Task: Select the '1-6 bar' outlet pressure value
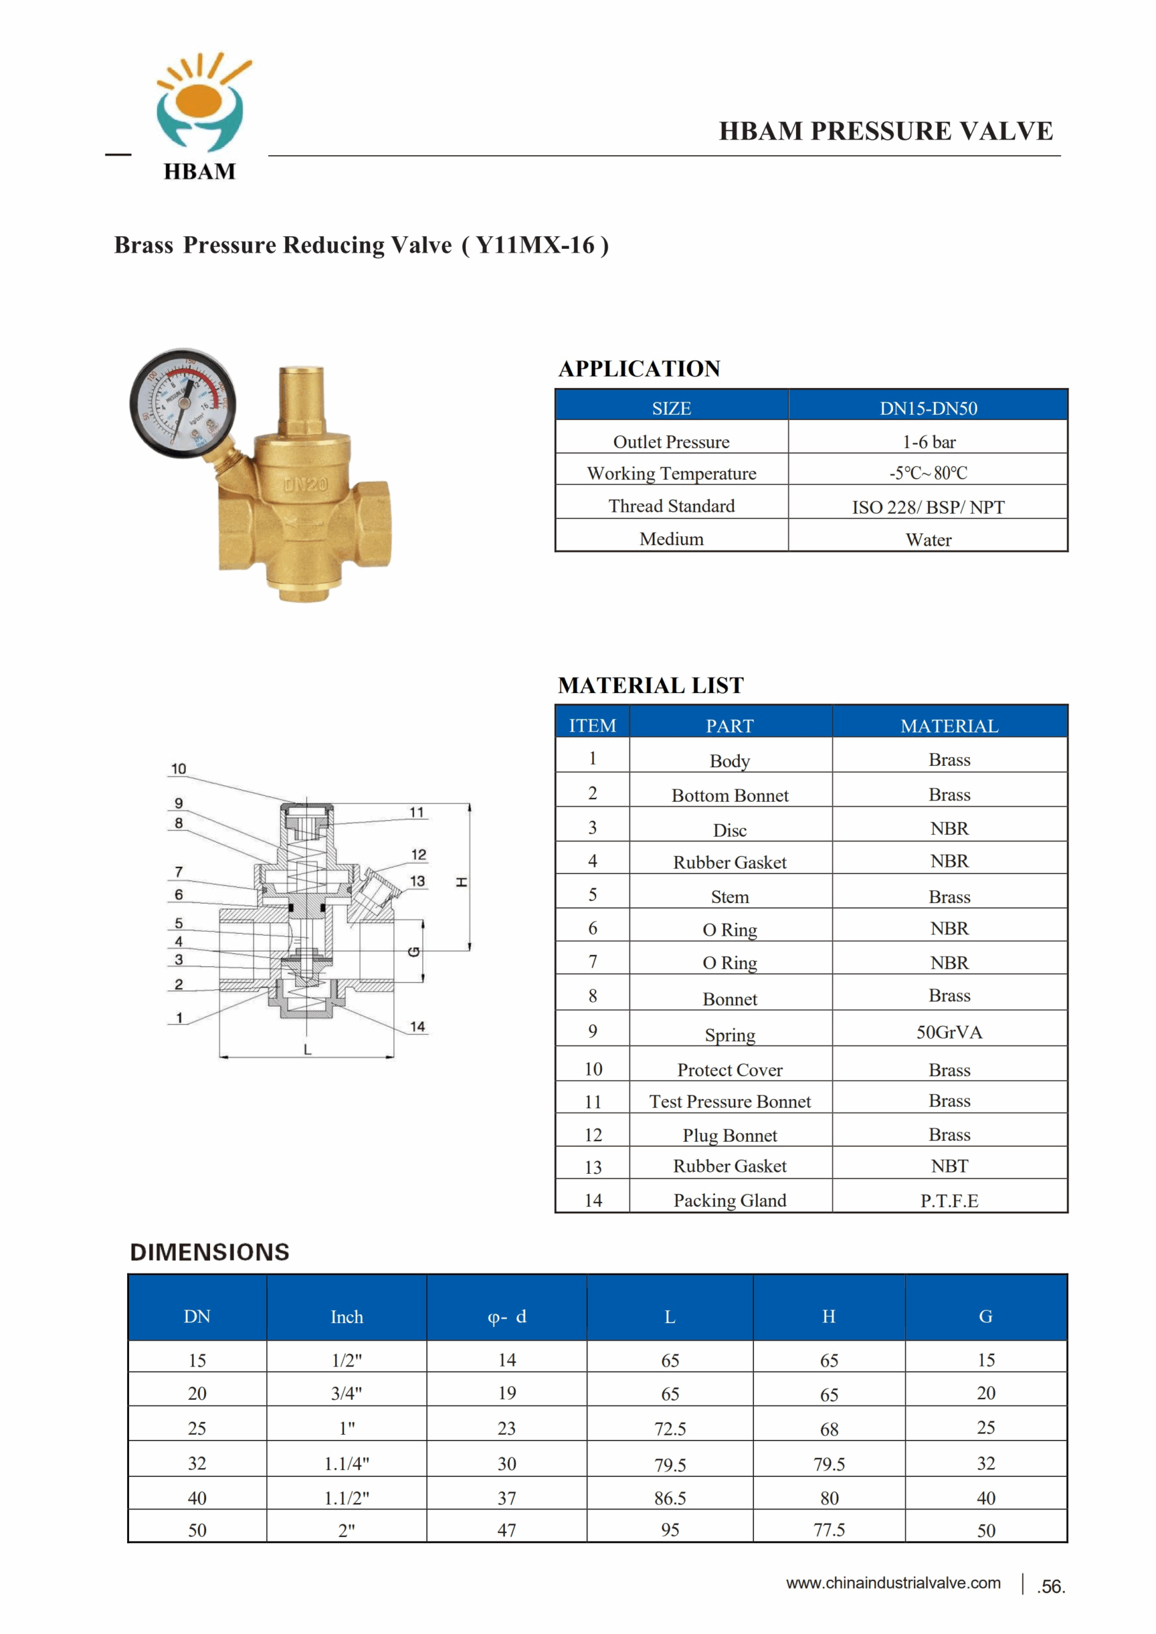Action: click(x=928, y=442)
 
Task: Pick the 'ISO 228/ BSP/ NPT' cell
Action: click(x=928, y=507)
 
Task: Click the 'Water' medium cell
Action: click(x=928, y=539)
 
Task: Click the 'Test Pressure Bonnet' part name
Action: click(x=730, y=1102)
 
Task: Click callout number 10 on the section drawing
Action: click(x=179, y=768)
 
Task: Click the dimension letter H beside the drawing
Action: click(x=462, y=883)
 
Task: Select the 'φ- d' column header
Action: click(x=507, y=1317)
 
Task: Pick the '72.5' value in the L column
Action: click(x=670, y=1429)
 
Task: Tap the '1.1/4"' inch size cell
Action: click(x=347, y=1464)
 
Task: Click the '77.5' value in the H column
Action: click(x=829, y=1530)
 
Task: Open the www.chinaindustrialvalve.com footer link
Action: click(x=894, y=1583)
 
